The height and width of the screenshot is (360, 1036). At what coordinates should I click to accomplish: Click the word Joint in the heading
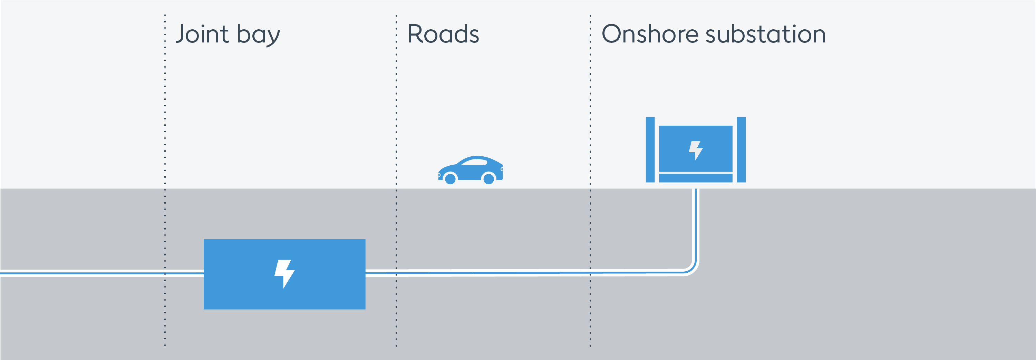pos(202,34)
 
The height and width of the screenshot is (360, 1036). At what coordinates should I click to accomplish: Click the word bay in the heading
pos(258,36)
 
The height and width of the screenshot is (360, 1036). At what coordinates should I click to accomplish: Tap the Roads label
pos(443,34)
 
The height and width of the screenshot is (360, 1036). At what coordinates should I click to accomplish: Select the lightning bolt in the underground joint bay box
pos(284,273)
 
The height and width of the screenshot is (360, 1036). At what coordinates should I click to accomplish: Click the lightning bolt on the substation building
pos(695,150)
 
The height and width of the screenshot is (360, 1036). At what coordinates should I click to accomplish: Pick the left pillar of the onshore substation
pos(650,150)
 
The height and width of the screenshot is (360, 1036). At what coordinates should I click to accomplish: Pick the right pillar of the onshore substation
pos(741,150)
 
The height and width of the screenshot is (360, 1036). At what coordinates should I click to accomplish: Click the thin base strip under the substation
pos(695,178)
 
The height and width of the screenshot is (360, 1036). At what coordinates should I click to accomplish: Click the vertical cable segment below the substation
pos(696,225)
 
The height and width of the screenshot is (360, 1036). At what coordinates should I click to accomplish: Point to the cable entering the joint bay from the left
pos(100,273)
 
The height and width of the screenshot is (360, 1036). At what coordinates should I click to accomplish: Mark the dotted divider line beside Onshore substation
pos(590,121)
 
